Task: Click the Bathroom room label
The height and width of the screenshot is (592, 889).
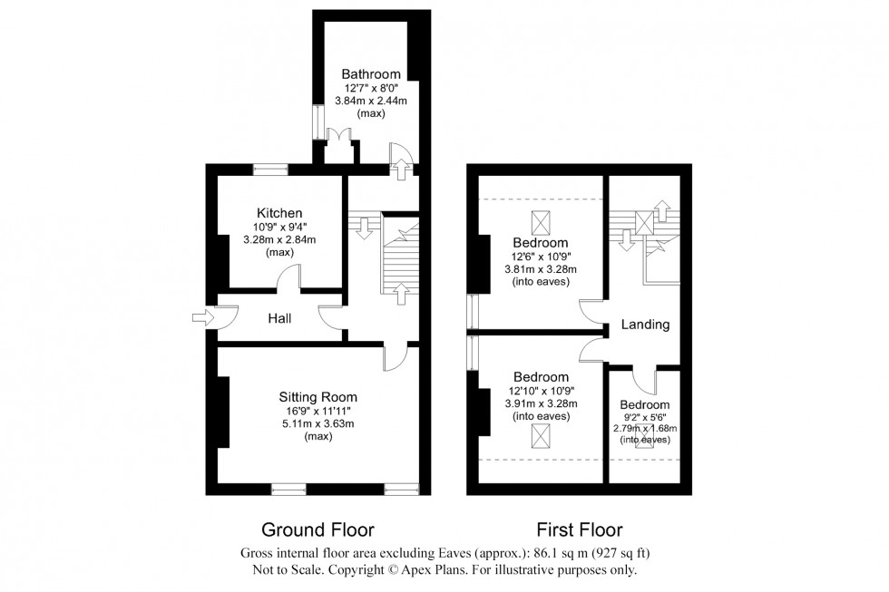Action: (371, 74)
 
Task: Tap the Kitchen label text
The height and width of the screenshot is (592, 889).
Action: (279, 213)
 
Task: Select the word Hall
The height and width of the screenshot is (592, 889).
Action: (279, 318)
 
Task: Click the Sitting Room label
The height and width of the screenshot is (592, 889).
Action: (317, 397)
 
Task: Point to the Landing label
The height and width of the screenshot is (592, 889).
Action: (645, 325)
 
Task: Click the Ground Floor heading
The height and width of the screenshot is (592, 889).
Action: (317, 529)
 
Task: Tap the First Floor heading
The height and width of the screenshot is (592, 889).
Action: (580, 529)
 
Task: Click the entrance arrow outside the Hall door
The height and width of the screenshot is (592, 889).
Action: (200, 318)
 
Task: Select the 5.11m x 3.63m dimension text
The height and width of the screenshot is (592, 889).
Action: (317, 423)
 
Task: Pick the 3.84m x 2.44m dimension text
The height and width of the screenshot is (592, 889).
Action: (371, 101)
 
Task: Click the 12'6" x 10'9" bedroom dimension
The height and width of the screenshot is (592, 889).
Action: (541, 256)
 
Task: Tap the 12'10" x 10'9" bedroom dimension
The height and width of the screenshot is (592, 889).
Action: (542, 391)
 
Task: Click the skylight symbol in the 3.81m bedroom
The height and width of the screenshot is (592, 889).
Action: (541, 222)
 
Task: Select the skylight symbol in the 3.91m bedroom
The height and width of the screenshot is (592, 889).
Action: (541, 436)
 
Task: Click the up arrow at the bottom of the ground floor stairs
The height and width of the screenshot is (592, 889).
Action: (401, 294)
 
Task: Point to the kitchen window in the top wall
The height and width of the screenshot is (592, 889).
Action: (270, 169)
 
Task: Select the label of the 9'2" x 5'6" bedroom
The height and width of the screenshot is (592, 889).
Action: (645, 405)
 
